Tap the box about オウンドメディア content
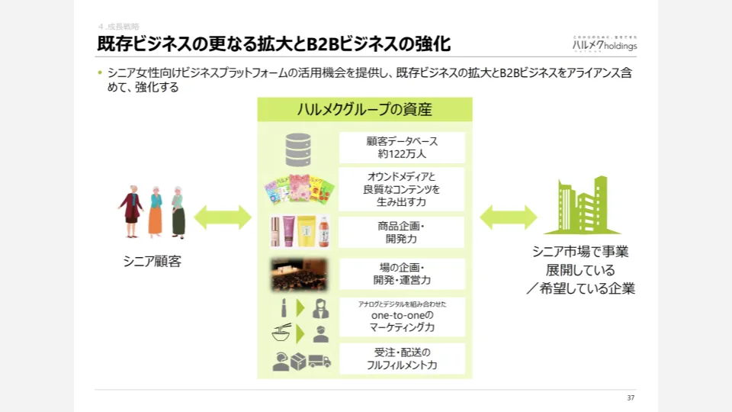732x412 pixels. point(402,189)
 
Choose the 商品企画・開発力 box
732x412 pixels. point(402,232)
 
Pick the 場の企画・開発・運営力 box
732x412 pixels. point(402,274)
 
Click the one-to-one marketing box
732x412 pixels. point(402,317)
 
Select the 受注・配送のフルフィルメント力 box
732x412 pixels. point(402,359)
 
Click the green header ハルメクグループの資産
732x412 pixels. point(364,110)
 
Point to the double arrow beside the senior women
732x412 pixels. point(223,217)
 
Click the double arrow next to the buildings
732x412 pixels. point(509,217)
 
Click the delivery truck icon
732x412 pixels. point(320,361)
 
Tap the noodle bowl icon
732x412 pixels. point(281,333)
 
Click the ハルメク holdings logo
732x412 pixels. point(604,43)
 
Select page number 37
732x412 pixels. point(631,398)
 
